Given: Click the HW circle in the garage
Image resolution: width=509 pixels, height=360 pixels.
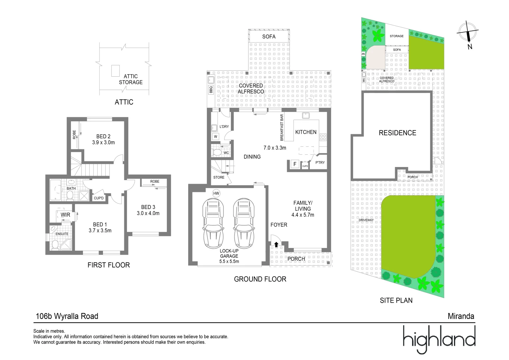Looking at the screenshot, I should click(x=216, y=193).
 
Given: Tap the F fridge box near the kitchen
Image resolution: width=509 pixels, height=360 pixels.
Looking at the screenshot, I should click(x=294, y=164).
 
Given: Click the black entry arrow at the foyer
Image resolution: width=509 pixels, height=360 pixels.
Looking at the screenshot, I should click(x=276, y=244).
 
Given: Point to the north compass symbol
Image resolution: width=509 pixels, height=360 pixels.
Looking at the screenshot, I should click(x=468, y=32).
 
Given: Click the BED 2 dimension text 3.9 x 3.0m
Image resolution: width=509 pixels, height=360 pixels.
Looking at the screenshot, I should click(x=103, y=142).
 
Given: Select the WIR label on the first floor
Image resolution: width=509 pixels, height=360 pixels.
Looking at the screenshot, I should click(x=65, y=215).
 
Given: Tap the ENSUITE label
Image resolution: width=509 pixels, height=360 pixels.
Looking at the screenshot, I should click(x=62, y=234).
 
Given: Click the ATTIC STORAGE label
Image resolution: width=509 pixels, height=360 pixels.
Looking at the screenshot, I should click(x=131, y=79).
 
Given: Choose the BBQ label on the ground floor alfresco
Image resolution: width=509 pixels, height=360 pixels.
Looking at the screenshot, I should click(x=211, y=89).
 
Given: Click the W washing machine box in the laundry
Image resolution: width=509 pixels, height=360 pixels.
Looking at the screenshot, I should click(x=216, y=137).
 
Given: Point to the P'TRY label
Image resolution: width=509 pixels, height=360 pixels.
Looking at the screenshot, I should click(x=320, y=163).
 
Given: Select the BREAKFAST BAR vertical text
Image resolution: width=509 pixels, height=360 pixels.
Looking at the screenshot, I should click(x=282, y=127).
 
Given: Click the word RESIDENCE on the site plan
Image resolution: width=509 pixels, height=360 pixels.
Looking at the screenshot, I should click(x=397, y=133).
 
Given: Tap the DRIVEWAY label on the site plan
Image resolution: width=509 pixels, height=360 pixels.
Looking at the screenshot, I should click(x=366, y=220).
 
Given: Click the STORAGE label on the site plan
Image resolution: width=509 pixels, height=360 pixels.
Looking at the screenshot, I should click(x=396, y=36).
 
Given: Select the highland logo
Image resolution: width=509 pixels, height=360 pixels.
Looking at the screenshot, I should click(x=439, y=339).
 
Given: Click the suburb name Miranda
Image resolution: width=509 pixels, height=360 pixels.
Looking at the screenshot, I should click(x=461, y=316).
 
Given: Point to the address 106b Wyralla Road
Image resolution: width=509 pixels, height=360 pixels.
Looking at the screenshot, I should click(x=67, y=316).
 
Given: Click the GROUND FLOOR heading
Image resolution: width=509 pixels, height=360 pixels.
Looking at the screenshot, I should click(x=260, y=279).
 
